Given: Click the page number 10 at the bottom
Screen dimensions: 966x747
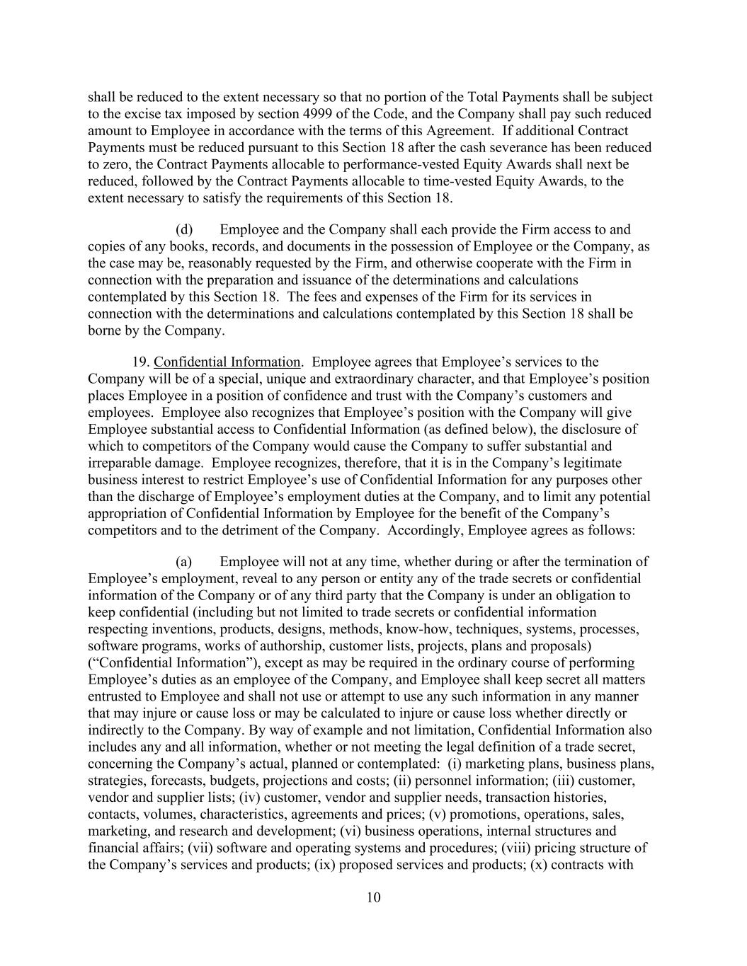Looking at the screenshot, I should coord(374,898).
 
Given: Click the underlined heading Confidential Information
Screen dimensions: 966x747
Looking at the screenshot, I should coord(227,362).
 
